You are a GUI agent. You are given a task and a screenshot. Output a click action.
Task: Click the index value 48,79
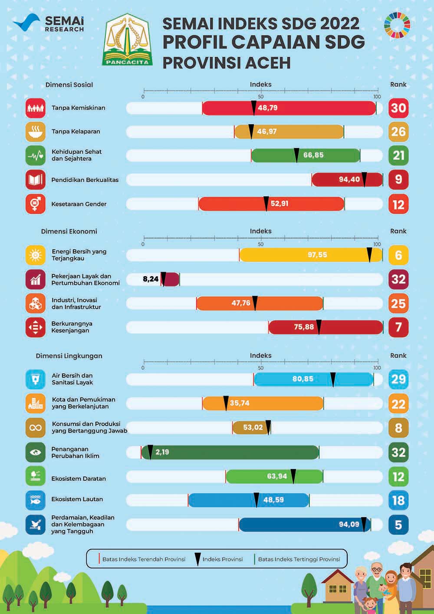267,108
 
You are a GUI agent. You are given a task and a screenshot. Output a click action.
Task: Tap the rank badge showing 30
398,108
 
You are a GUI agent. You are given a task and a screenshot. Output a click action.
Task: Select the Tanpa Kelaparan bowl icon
36,132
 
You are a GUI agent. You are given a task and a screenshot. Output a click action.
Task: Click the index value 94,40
349,179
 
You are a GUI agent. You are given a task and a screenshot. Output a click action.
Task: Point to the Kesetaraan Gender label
79,204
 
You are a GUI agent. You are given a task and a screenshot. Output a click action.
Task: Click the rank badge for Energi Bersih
398,255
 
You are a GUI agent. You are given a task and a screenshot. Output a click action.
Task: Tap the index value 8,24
151,279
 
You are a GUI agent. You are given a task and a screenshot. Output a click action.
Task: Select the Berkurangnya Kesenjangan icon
36,327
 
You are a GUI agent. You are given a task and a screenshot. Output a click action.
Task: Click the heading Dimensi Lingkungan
69,356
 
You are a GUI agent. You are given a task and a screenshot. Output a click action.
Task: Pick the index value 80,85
302,379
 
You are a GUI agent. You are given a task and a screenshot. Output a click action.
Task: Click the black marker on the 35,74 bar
226,403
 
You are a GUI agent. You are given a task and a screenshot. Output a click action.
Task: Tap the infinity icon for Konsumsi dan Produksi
36,428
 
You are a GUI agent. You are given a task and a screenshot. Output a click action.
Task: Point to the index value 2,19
162,452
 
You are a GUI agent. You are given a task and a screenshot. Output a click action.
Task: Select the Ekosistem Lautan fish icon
36,500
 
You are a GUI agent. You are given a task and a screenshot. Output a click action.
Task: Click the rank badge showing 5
398,525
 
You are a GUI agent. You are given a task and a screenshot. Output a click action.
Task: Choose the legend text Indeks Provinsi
222,559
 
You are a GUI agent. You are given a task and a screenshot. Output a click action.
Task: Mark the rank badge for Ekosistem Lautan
398,501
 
